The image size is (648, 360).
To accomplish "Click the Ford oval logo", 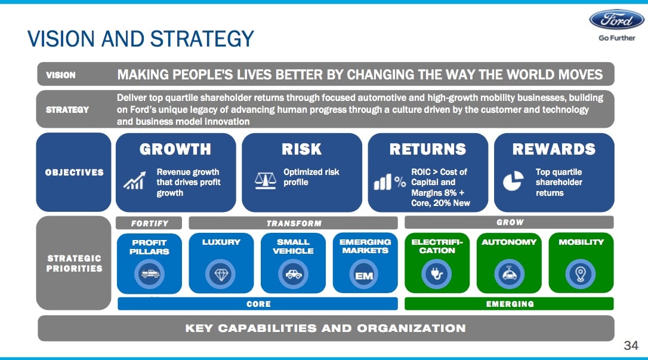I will click(x=616, y=20).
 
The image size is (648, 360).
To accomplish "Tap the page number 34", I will click(x=631, y=346).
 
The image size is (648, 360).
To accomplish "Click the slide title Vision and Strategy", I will click(x=141, y=39).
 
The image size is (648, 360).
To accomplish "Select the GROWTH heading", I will click(x=175, y=149).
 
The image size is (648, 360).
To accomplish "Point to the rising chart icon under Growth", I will click(x=133, y=180).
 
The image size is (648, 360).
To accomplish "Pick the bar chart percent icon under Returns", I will click(x=390, y=183).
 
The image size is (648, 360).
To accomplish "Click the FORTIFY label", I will click(x=150, y=223).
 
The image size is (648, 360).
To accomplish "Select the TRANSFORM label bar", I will click(x=293, y=223).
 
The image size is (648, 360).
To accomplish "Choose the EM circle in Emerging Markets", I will click(x=363, y=275).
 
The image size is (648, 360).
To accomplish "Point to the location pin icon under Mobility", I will click(x=580, y=274).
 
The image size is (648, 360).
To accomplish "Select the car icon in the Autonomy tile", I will click(x=509, y=274).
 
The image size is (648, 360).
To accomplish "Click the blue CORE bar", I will click(x=258, y=304).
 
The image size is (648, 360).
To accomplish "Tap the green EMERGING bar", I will click(x=510, y=304).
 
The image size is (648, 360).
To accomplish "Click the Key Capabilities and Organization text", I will click(x=325, y=328).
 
